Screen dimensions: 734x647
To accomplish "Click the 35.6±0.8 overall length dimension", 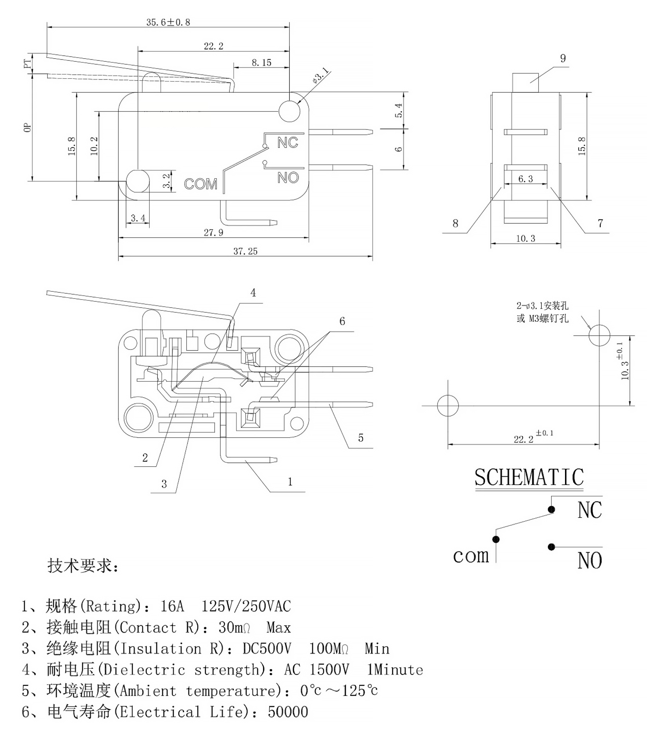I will point(168,22).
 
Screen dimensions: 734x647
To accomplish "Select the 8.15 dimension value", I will point(261,63).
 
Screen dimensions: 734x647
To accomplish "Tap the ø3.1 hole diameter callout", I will point(320,75).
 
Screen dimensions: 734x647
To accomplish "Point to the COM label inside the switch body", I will point(200,184).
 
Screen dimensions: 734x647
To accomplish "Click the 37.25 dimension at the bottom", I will point(245,251).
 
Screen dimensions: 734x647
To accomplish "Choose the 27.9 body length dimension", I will point(213,233).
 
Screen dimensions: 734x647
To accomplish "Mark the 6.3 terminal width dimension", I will point(525,179).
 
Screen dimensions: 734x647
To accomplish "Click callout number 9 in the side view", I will point(563,58).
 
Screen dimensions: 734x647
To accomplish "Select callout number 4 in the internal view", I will point(253,293).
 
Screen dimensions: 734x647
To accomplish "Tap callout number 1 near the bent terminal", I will point(290,482).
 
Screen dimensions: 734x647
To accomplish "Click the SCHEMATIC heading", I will point(529,477).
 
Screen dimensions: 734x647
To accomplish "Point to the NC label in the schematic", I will point(589,510).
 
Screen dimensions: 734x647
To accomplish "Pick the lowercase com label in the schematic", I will point(471,556).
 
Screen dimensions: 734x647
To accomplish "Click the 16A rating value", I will point(172,606).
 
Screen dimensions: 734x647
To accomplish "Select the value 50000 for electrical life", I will point(288,712).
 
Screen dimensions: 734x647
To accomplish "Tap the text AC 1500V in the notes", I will point(317,670).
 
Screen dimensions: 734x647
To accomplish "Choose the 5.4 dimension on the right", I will point(399,110).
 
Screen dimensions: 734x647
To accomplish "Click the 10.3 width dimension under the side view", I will point(525,239).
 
